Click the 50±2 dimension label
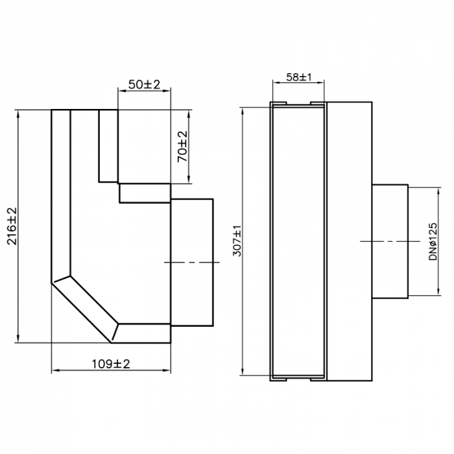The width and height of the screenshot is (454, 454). [143, 85]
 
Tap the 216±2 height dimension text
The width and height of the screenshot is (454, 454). [12, 225]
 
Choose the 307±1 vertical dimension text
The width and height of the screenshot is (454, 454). [237, 241]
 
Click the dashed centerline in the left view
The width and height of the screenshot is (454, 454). [189, 262]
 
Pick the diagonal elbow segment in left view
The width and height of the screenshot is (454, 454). [84, 308]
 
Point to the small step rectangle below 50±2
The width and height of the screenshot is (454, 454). [144, 193]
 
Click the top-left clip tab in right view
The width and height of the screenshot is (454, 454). [280, 103]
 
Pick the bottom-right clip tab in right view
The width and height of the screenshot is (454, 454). [317, 377]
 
